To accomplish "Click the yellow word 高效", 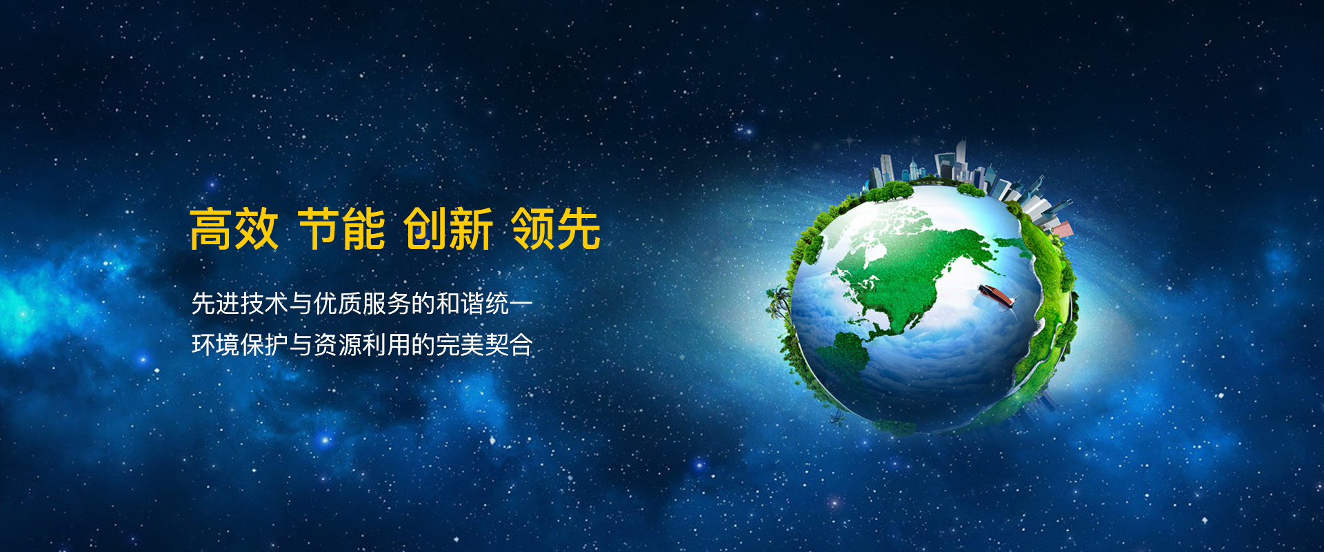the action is click(x=234, y=229).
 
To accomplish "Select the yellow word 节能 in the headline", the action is click(x=342, y=229).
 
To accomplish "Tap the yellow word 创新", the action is click(x=448, y=229).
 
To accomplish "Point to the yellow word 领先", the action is click(x=556, y=229).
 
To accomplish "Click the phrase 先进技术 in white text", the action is click(x=239, y=304).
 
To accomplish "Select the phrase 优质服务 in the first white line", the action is click(x=362, y=304).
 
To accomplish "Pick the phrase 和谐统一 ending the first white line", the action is click(x=485, y=304).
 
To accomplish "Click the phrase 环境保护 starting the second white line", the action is click(x=239, y=344).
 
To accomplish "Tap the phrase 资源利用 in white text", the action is click(x=362, y=344).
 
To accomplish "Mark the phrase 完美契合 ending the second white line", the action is click(x=485, y=344).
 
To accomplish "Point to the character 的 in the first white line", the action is click(x=423, y=304).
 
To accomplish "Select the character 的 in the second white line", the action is click(x=423, y=344).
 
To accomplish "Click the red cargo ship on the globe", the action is click(x=997, y=295).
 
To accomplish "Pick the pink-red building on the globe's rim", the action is click(x=1060, y=227).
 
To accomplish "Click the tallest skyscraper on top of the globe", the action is click(x=960, y=160).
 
